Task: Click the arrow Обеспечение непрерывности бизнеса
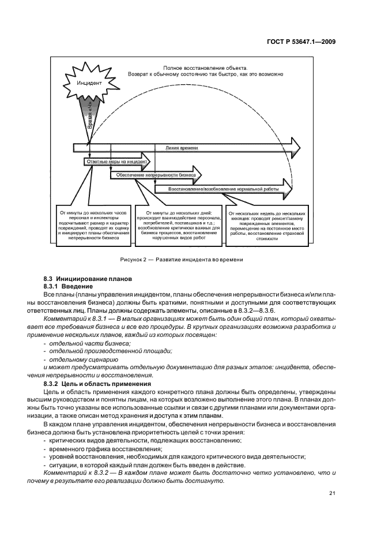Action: pyautogui.click(x=156, y=175)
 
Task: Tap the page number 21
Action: pyautogui.click(x=333, y=493)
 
